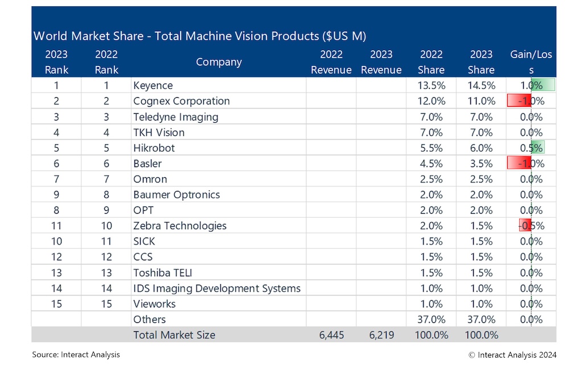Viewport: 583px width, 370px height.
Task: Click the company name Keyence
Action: (153, 85)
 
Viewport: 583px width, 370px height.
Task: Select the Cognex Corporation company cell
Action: (181, 101)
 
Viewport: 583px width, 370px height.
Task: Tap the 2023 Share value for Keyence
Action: (481, 85)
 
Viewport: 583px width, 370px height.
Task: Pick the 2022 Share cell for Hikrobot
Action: (431, 148)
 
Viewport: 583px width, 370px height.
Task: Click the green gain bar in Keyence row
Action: (543, 85)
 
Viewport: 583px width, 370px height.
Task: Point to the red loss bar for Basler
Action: (519, 164)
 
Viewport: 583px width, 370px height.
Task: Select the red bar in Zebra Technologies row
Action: (524, 226)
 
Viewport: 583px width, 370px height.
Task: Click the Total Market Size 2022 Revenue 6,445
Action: (331, 335)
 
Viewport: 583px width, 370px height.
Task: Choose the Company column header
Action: (219, 62)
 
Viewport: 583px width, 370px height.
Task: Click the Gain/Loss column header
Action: (531, 62)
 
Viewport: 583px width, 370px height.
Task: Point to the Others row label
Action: (149, 319)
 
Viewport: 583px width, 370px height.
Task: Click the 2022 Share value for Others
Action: (431, 319)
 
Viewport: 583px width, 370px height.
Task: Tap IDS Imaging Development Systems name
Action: (216, 288)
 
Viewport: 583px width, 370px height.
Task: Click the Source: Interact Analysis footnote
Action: (76, 355)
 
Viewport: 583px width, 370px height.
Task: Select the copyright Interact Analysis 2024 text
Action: (512, 355)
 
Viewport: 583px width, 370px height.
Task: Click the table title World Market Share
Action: (199, 36)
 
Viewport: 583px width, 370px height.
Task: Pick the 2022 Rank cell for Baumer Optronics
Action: (106, 194)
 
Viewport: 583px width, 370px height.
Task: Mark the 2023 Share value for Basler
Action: (481, 164)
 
